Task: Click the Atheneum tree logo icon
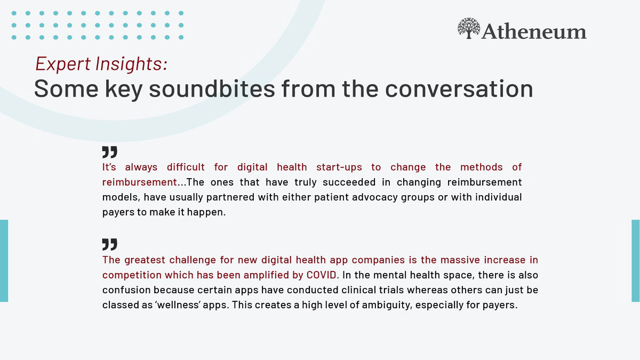pos(469,28)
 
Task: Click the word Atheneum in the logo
pos(534,31)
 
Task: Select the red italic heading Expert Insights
pos(101,63)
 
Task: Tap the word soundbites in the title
pos(212,89)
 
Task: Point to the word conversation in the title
pos(459,89)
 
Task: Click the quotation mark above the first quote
pos(110,152)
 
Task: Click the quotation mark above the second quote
pos(110,244)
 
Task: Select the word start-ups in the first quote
pos(339,167)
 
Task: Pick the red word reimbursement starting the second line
pos(140,182)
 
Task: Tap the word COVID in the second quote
pos(322,275)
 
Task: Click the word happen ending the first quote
pos(206,212)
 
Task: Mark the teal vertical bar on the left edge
pos(4,261)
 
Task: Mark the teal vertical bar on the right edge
pos(636,261)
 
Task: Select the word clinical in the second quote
pos(358,290)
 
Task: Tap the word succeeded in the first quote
pos(349,182)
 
